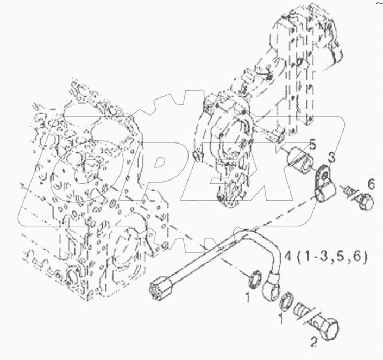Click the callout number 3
tap(331, 158)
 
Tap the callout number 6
tap(371, 183)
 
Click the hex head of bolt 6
tap(363, 202)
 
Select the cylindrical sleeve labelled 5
tap(299, 162)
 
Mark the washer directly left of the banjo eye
tap(251, 280)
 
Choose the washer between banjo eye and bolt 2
tap(288, 300)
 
